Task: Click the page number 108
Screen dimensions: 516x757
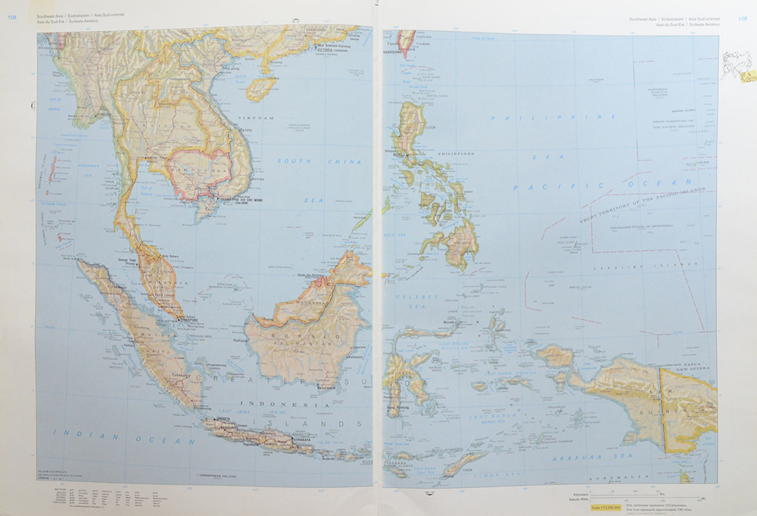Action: [11, 19]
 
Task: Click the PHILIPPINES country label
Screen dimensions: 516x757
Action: [456, 154]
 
